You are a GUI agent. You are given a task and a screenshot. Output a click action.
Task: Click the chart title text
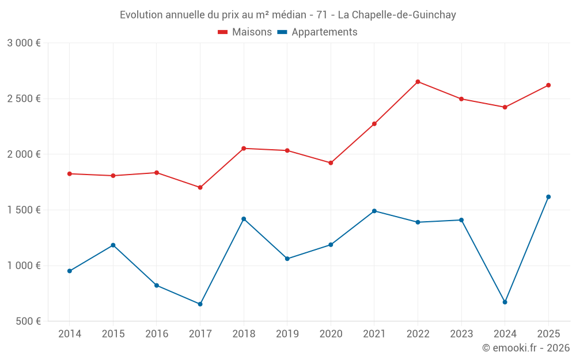[288, 15]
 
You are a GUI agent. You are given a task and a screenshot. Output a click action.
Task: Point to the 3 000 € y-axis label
[24, 43]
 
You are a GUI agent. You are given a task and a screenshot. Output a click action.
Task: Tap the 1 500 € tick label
[24, 210]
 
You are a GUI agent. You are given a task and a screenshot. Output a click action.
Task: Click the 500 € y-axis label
[28, 321]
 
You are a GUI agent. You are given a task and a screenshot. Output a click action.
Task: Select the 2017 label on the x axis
[200, 334]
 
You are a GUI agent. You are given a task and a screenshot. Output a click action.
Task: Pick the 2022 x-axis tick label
[418, 334]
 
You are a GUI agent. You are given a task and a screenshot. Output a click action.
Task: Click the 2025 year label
[548, 334]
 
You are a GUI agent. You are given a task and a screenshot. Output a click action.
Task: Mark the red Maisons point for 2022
[418, 82]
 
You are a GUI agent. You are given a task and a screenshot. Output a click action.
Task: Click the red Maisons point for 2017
[200, 188]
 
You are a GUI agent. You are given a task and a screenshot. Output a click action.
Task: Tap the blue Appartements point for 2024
[505, 302]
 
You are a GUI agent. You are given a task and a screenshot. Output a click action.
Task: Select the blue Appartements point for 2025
[548, 197]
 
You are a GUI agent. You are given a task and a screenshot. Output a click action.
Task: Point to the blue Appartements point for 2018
[244, 219]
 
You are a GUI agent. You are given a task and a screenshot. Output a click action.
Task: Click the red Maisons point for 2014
[69, 174]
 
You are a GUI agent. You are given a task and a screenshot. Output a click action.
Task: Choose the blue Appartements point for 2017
[200, 304]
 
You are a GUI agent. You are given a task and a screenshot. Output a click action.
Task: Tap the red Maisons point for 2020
[331, 163]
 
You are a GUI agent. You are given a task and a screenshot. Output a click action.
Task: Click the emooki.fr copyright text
[526, 348]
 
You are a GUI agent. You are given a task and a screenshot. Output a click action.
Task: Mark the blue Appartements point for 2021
[374, 211]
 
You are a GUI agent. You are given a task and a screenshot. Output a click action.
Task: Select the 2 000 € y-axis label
[24, 154]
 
